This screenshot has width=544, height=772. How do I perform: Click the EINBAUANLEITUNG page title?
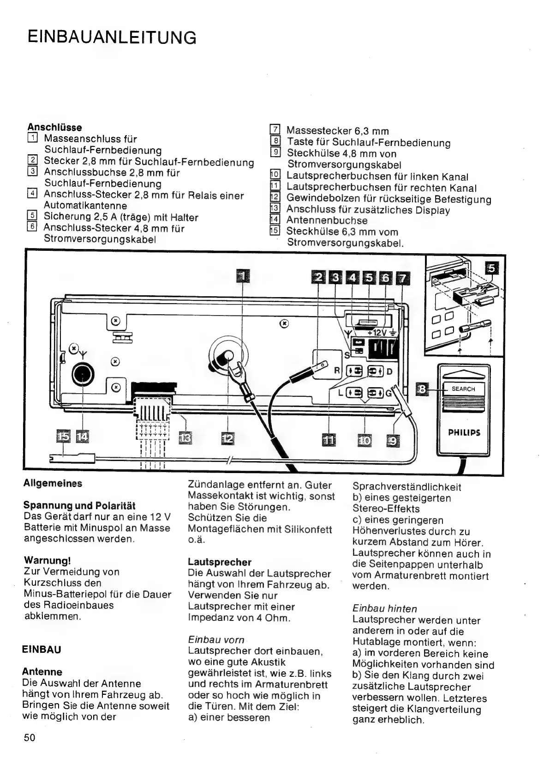(112, 36)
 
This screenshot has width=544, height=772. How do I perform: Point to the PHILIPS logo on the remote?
(464, 432)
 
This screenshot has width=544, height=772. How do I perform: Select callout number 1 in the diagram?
(243, 276)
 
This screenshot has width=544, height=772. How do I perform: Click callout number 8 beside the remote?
(421, 389)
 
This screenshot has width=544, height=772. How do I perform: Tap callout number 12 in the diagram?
(228, 438)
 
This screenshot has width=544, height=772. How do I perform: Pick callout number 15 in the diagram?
(63, 436)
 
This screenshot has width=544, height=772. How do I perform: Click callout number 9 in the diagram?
(393, 441)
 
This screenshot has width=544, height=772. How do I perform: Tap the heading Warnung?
(47, 560)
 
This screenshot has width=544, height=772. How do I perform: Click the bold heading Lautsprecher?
(220, 562)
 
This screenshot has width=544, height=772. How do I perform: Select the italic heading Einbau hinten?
(384, 609)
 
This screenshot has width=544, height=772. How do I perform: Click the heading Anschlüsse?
(54, 127)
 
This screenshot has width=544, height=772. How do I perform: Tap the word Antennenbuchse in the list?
(327, 220)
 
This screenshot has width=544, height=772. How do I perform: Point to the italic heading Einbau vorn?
(216, 640)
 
